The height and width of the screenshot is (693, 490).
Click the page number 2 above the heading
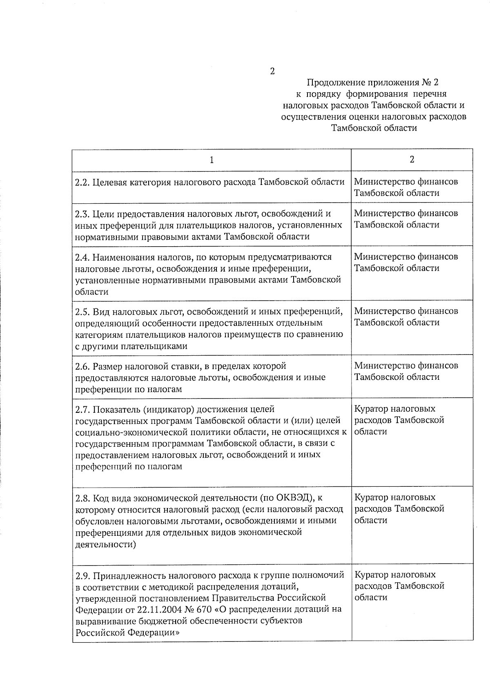coord(272,71)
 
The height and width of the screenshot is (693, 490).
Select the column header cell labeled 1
coord(212,160)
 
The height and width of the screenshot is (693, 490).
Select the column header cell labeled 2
coord(412,160)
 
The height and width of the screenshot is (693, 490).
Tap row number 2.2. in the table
coord(82,182)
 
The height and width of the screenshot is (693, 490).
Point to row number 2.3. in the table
coord(82,214)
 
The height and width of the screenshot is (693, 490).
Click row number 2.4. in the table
coord(82,257)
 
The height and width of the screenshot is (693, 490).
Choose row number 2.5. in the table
coord(82,312)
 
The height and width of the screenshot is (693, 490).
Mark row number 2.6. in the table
coord(82,366)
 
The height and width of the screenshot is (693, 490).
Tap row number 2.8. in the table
coord(83,498)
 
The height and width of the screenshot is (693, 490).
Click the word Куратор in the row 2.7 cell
coord(371,409)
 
